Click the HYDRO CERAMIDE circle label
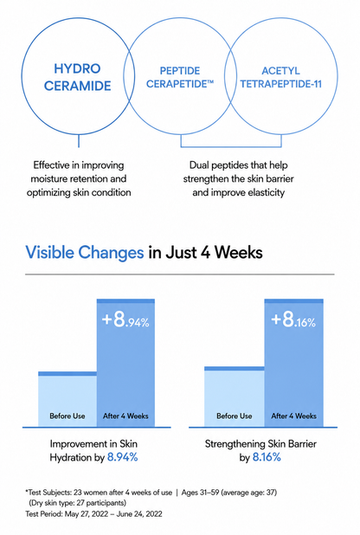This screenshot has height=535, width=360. tap(78, 77)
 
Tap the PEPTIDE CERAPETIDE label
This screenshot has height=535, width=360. tap(180, 77)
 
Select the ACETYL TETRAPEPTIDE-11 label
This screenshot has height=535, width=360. tap(281, 77)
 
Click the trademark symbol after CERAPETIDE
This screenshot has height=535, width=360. tap(210, 82)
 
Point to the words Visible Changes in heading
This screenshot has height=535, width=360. tap(85, 253)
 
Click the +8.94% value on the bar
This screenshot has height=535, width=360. tap(125, 320)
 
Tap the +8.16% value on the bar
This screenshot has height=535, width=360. tap(293, 320)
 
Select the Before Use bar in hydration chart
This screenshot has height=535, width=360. tap(67, 399)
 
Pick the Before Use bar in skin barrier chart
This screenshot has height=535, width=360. tap(235, 396)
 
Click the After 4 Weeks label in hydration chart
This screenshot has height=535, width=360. tap(125, 416)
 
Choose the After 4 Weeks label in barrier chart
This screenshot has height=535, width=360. tap(294, 416)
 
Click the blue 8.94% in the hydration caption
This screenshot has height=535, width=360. tap(123, 457)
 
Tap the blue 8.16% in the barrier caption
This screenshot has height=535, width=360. tap(267, 457)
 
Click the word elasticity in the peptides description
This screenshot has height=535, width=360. tap(267, 193)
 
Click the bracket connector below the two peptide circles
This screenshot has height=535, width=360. tap(231, 147)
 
